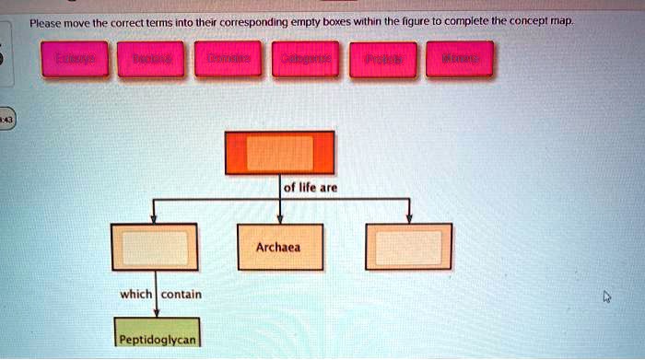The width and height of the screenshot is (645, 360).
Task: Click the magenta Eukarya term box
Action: [74, 59]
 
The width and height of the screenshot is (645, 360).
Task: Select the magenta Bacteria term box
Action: [151, 59]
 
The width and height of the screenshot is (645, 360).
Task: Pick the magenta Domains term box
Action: [229, 59]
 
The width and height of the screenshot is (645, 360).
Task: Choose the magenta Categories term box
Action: [306, 59]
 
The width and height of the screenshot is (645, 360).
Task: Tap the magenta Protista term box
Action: [382, 59]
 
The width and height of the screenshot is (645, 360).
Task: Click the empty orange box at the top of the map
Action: [280, 153]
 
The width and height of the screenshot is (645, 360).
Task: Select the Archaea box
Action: [279, 247]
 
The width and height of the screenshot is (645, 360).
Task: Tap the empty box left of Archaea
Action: [154, 247]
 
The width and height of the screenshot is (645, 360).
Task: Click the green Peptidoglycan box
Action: [158, 339]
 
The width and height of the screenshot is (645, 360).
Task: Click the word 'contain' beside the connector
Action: [182, 295]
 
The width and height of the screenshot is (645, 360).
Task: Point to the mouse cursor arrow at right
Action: [605, 296]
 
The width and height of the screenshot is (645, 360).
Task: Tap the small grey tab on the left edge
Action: [6, 121]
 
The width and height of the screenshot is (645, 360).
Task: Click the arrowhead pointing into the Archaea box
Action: [280, 220]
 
